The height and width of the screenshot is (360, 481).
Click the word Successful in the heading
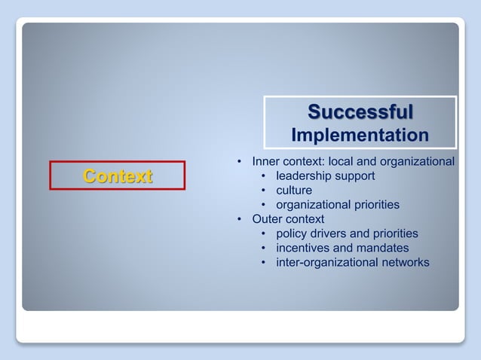pos(360,113)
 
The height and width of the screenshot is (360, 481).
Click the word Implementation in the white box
pos(360,136)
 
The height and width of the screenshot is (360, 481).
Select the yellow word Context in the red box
pos(118,176)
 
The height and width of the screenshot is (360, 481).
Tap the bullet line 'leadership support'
pos(325,176)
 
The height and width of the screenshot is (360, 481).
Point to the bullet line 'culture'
pos(294,191)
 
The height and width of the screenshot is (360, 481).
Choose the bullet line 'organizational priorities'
pos(337,205)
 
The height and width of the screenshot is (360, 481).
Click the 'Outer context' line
pos(288,219)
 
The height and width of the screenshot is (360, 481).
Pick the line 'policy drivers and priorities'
pos(347,233)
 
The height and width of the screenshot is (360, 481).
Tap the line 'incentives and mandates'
pos(342,248)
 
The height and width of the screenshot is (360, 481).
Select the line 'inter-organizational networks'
pos(353,262)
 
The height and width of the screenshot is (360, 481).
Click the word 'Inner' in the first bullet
pos(266,162)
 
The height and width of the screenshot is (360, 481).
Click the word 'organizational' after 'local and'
pos(419,162)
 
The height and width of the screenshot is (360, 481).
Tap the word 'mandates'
pos(383,248)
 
